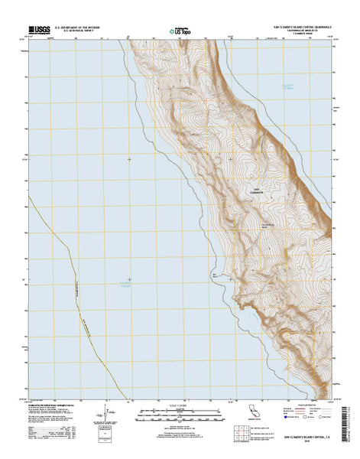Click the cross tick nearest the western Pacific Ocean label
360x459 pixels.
tap(129, 278)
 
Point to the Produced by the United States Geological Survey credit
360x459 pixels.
tap(54, 403)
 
